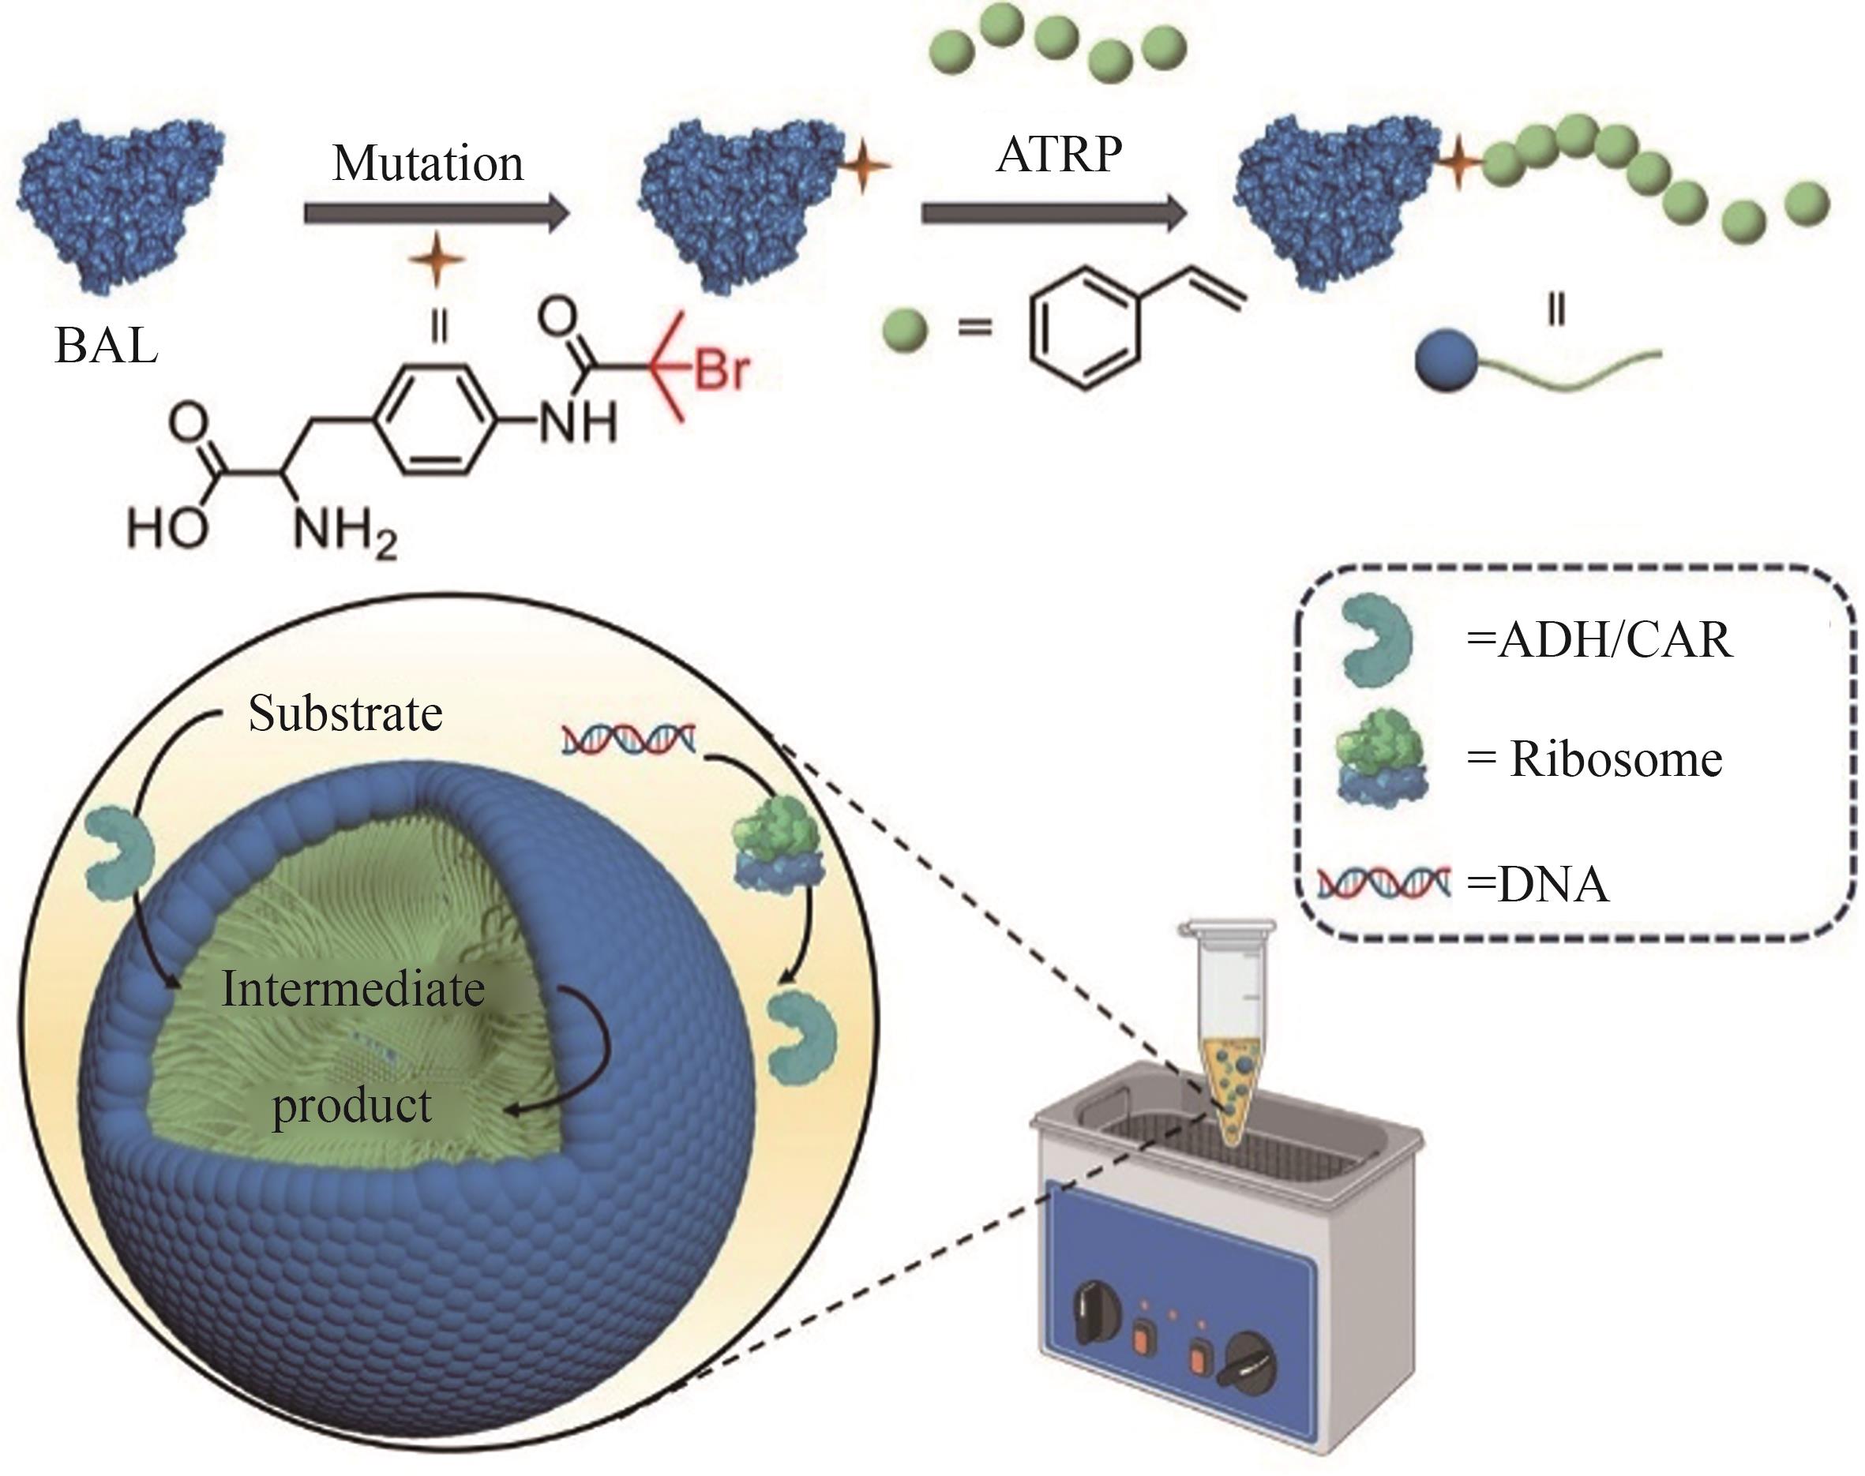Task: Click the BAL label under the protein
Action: coord(107,346)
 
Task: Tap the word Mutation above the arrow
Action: coord(428,163)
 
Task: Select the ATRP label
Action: coord(1059,155)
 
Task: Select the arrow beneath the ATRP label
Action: coord(1054,212)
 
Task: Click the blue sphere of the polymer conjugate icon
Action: coord(1446,362)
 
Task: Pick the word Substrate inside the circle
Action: coord(345,714)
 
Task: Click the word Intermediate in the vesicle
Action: coord(353,990)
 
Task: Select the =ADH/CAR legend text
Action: coord(1599,640)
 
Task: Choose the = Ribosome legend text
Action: coord(1594,759)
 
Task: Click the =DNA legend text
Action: coord(1538,884)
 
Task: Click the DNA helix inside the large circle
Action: coord(629,740)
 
